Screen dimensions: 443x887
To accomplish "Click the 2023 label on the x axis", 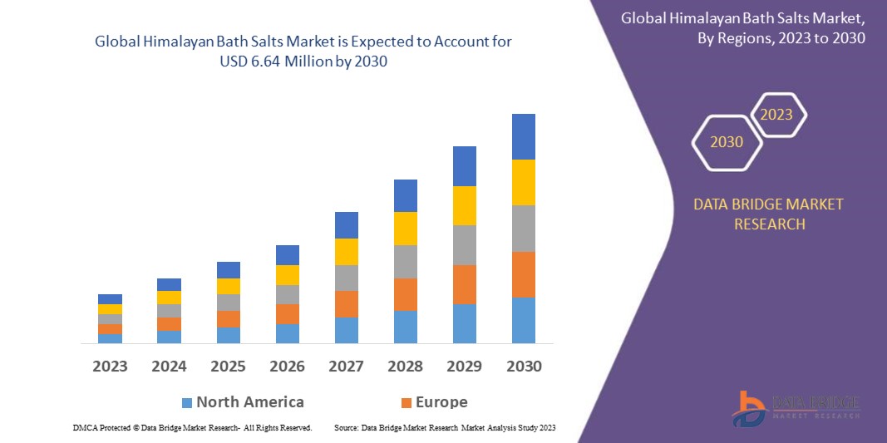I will (x=110, y=367).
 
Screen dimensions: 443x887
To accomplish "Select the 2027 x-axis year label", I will (x=346, y=367).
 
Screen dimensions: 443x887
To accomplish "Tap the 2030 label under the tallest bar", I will (x=523, y=367).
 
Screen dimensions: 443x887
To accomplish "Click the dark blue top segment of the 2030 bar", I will (x=523, y=136).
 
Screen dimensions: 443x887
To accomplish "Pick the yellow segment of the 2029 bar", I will (x=464, y=205).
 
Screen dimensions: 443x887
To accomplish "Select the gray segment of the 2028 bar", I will (x=405, y=261).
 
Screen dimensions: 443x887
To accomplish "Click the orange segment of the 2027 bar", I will (x=346, y=303).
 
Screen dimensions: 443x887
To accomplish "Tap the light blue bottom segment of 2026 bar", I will (x=287, y=333).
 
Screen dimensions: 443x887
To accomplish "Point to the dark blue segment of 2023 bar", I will (x=110, y=299).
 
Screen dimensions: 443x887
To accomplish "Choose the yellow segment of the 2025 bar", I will (x=228, y=286).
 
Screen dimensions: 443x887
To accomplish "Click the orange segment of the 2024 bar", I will (x=169, y=324).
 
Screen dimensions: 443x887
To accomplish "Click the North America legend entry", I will (x=243, y=402).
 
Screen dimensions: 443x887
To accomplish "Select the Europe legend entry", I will (x=434, y=402).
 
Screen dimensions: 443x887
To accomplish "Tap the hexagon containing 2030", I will (x=727, y=142).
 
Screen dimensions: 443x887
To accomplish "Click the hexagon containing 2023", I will (x=776, y=115).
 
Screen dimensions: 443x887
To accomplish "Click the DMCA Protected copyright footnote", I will (x=192, y=427).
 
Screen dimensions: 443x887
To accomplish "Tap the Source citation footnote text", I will (x=444, y=427).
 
